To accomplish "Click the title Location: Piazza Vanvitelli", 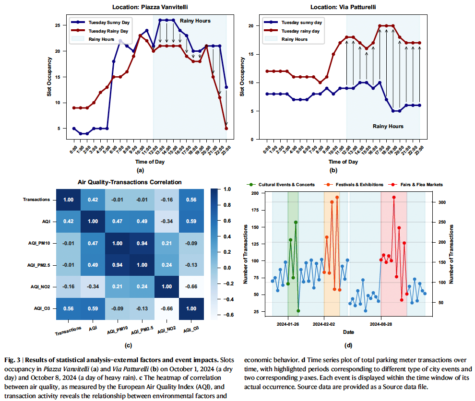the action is click(x=150, y=7).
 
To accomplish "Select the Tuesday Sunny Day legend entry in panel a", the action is click(x=100, y=23).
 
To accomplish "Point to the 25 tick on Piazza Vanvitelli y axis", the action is click(x=58, y=25).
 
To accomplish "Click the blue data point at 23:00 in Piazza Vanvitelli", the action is click(x=226, y=87).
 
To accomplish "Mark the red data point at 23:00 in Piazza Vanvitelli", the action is click(x=226, y=129).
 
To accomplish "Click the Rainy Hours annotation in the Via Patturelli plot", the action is click(x=388, y=126).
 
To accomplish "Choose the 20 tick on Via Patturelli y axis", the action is click(x=251, y=26).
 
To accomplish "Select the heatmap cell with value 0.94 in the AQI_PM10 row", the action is click(x=142, y=243).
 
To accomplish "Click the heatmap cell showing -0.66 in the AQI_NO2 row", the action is click(x=191, y=286).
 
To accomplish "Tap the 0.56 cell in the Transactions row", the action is click(x=191, y=200).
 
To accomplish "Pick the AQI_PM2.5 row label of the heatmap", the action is click(x=38, y=265).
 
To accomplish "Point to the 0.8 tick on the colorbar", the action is click(x=227, y=205).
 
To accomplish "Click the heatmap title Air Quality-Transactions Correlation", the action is click(x=130, y=182).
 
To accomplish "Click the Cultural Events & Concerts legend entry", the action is click(x=281, y=185).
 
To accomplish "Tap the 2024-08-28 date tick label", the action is click(x=381, y=324).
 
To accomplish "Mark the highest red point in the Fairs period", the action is click(x=394, y=197).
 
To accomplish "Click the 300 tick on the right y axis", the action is click(x=442, y=202).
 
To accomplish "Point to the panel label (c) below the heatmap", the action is click(x=128, y=345).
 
